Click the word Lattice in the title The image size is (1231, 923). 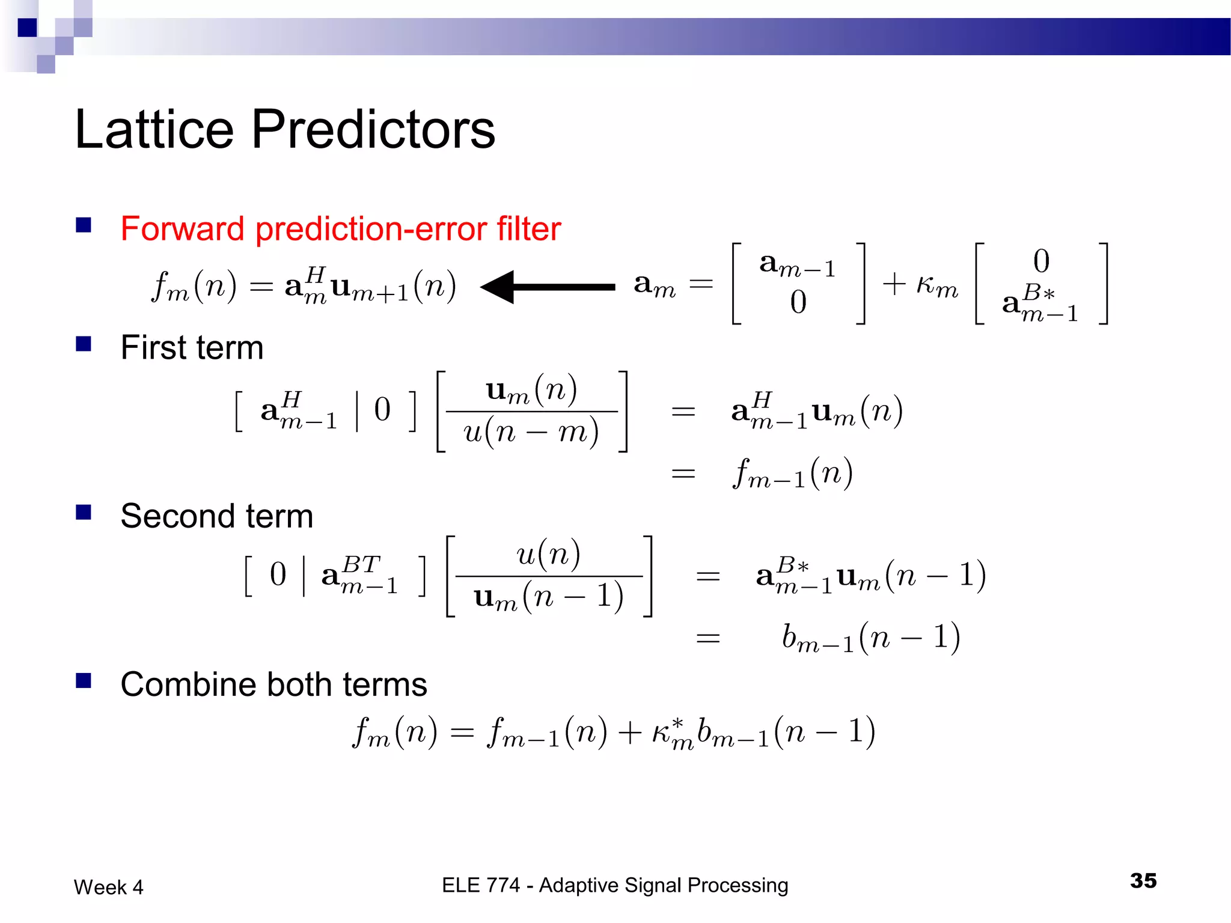[154, 130]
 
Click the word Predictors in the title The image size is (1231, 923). [373, 130]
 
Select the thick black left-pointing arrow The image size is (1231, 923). [547, 287]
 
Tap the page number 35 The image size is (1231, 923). [1143, 881]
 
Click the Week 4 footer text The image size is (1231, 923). [108, 887]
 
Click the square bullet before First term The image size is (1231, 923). [84, 344]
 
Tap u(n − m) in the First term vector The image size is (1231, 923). [531, 431]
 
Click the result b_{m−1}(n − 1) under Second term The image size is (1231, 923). [870, 638]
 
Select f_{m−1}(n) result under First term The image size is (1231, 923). [792, 474]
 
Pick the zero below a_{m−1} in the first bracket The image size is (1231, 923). [798, 302]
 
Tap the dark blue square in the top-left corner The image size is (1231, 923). [27, 27]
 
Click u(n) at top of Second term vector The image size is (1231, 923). [548, 554]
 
